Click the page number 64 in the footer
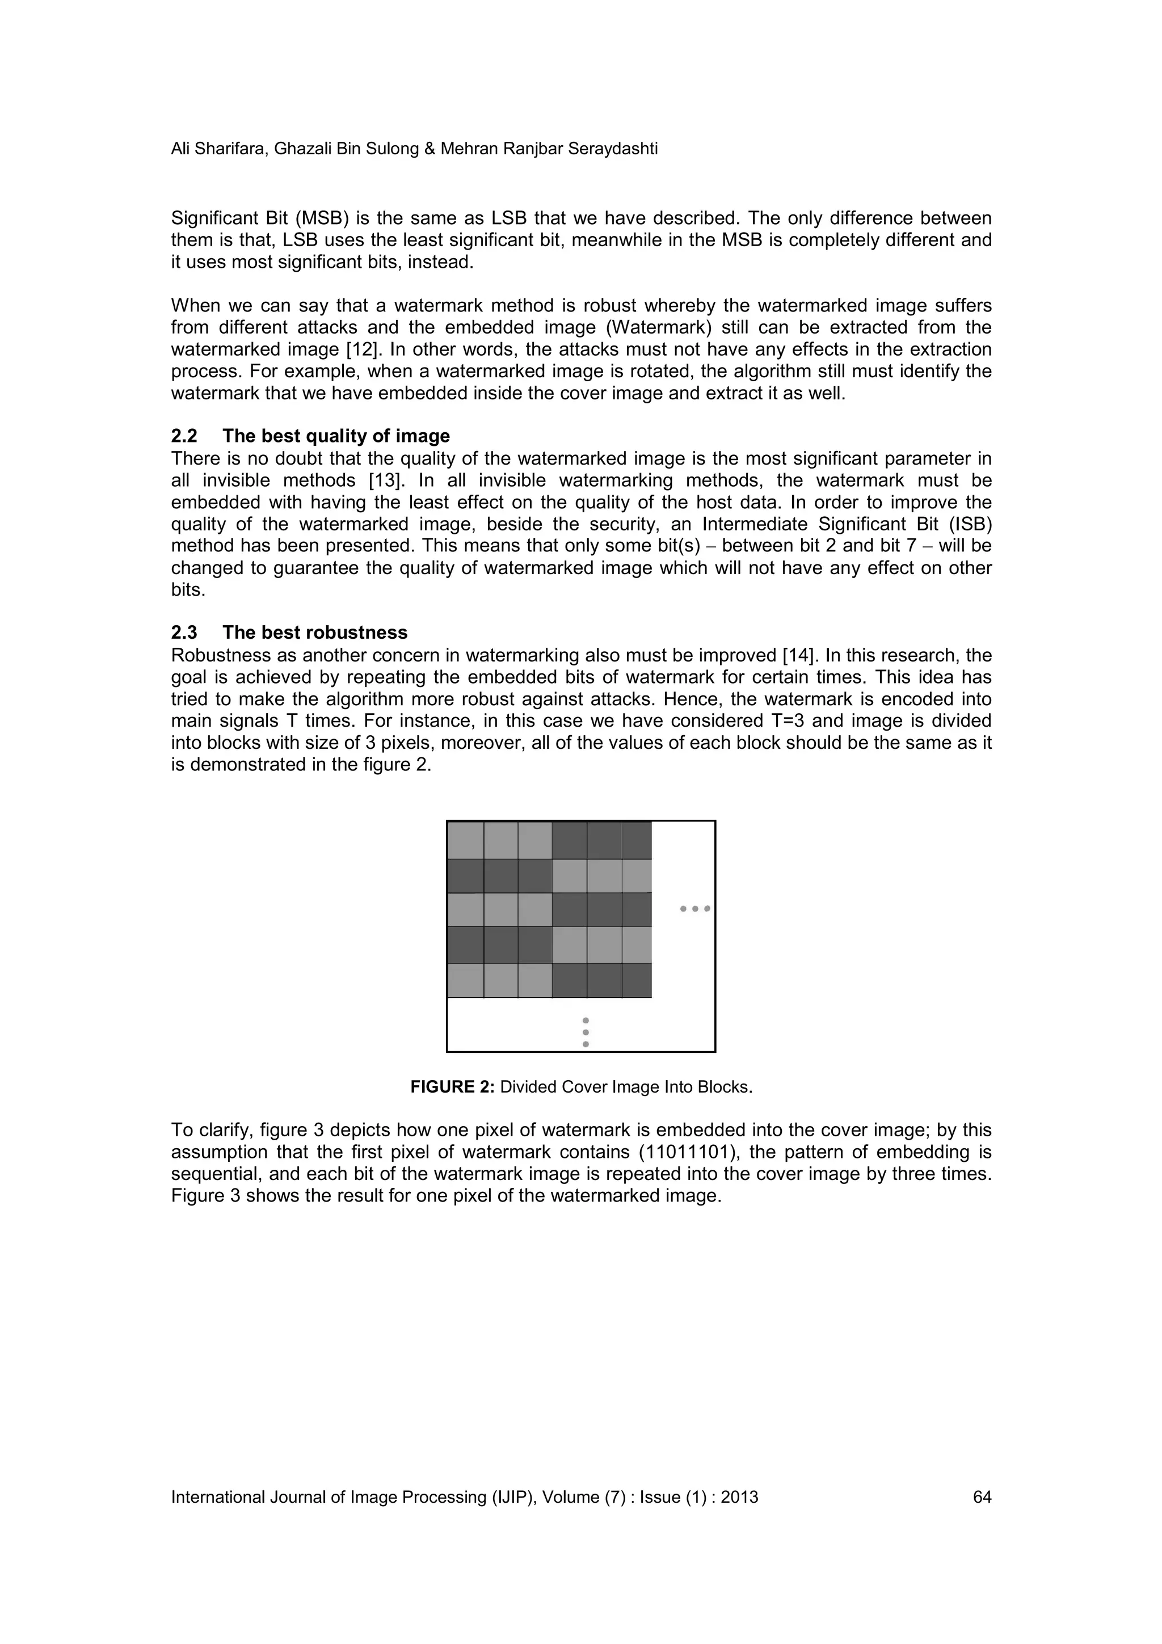[982, 1497]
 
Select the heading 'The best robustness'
[314, 633]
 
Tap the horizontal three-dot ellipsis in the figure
[694, 909]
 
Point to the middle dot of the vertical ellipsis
[586, 1032]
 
